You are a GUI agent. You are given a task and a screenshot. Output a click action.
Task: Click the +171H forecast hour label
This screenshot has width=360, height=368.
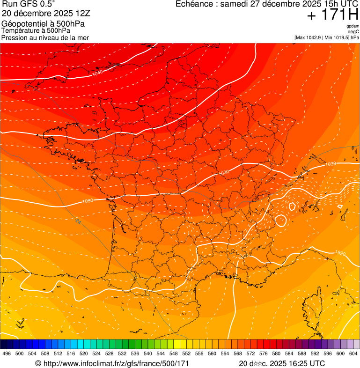coord(332,15)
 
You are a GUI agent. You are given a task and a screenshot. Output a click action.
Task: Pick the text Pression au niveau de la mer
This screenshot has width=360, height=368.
coord(45,37)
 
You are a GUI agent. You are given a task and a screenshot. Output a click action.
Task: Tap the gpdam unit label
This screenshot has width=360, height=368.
coord(353,26)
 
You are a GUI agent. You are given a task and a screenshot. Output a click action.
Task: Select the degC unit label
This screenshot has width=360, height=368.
coord(353,32)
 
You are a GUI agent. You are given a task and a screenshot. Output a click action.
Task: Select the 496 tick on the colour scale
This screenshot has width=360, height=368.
coord(7,353)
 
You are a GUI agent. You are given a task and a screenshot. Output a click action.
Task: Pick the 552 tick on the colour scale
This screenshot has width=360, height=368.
coord(186,353)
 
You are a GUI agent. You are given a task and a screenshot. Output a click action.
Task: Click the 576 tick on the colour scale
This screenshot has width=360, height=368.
coord(264,353)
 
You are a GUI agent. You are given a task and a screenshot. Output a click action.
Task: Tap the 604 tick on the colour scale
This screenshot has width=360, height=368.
coord(353,353)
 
